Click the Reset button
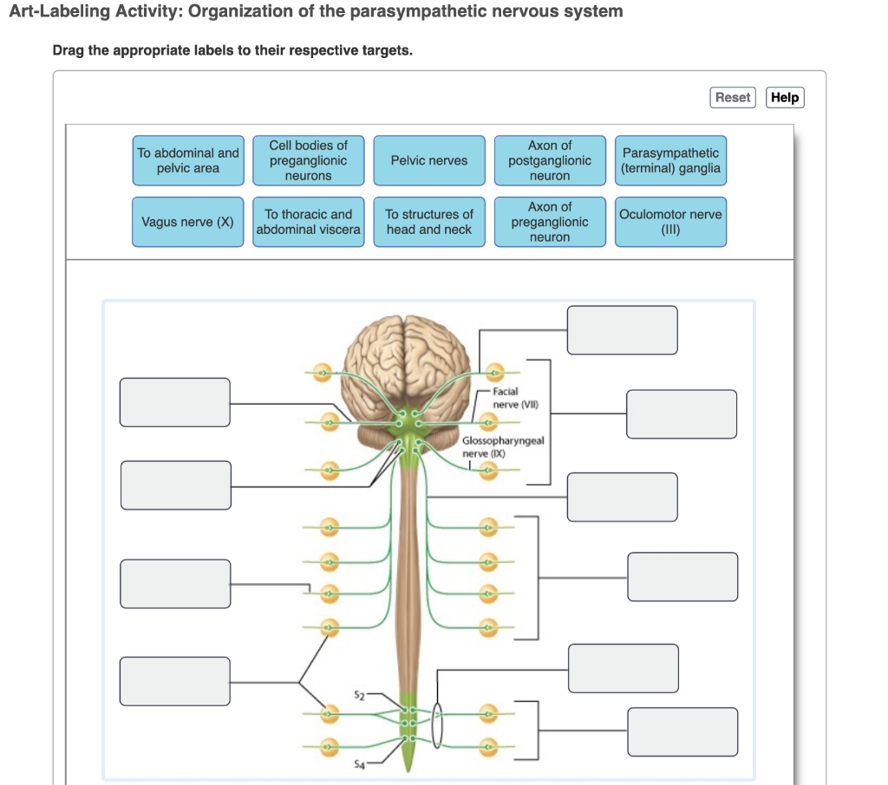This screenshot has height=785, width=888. point(732,97)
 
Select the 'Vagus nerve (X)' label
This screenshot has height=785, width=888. point(188,222)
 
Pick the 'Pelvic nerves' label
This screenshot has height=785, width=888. point(429,160)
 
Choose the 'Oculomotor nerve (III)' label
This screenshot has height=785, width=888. point(671,222)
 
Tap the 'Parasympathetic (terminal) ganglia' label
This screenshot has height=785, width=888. point(671,160)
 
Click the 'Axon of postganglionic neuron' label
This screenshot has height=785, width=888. point(550,160)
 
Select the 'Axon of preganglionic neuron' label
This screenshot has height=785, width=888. point(550,222)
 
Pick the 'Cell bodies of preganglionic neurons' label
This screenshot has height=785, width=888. point(308,160)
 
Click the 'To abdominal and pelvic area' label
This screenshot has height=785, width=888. point(188,160)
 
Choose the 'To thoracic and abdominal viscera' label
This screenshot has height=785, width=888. point(308,222)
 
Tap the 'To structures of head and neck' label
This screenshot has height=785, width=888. point(429,222)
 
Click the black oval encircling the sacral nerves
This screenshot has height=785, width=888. point(437,723)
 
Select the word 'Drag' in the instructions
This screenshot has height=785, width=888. point(69,50)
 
